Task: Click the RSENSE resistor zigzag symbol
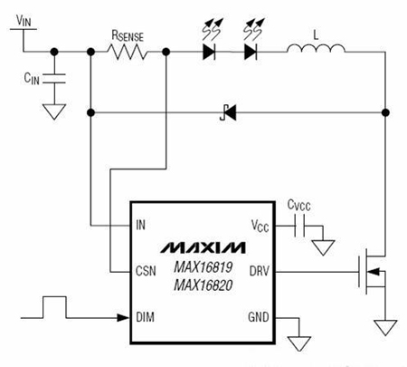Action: (128, 52)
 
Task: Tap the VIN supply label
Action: (24, 21)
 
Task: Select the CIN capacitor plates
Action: (54, 78)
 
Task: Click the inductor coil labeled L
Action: (316, 49)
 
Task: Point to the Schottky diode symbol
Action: (228, 113)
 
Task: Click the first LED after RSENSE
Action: (209, 52)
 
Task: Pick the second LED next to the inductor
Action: (251, 52)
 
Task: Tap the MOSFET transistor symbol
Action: (372, 271)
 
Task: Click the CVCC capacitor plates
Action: (299, 226)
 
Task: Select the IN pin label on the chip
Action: (141, 225)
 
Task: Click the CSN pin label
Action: (146, 271)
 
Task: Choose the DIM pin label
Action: (146, 317)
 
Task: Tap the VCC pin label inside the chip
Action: (260, 226)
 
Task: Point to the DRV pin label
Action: (260, 271)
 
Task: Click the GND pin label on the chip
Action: (259, 317)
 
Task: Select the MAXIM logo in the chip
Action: (203, 247)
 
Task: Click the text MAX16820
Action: (203, 285)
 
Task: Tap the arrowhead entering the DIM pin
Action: (123, 318)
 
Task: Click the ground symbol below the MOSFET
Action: (385, 328)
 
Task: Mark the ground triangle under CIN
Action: (54, 111)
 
